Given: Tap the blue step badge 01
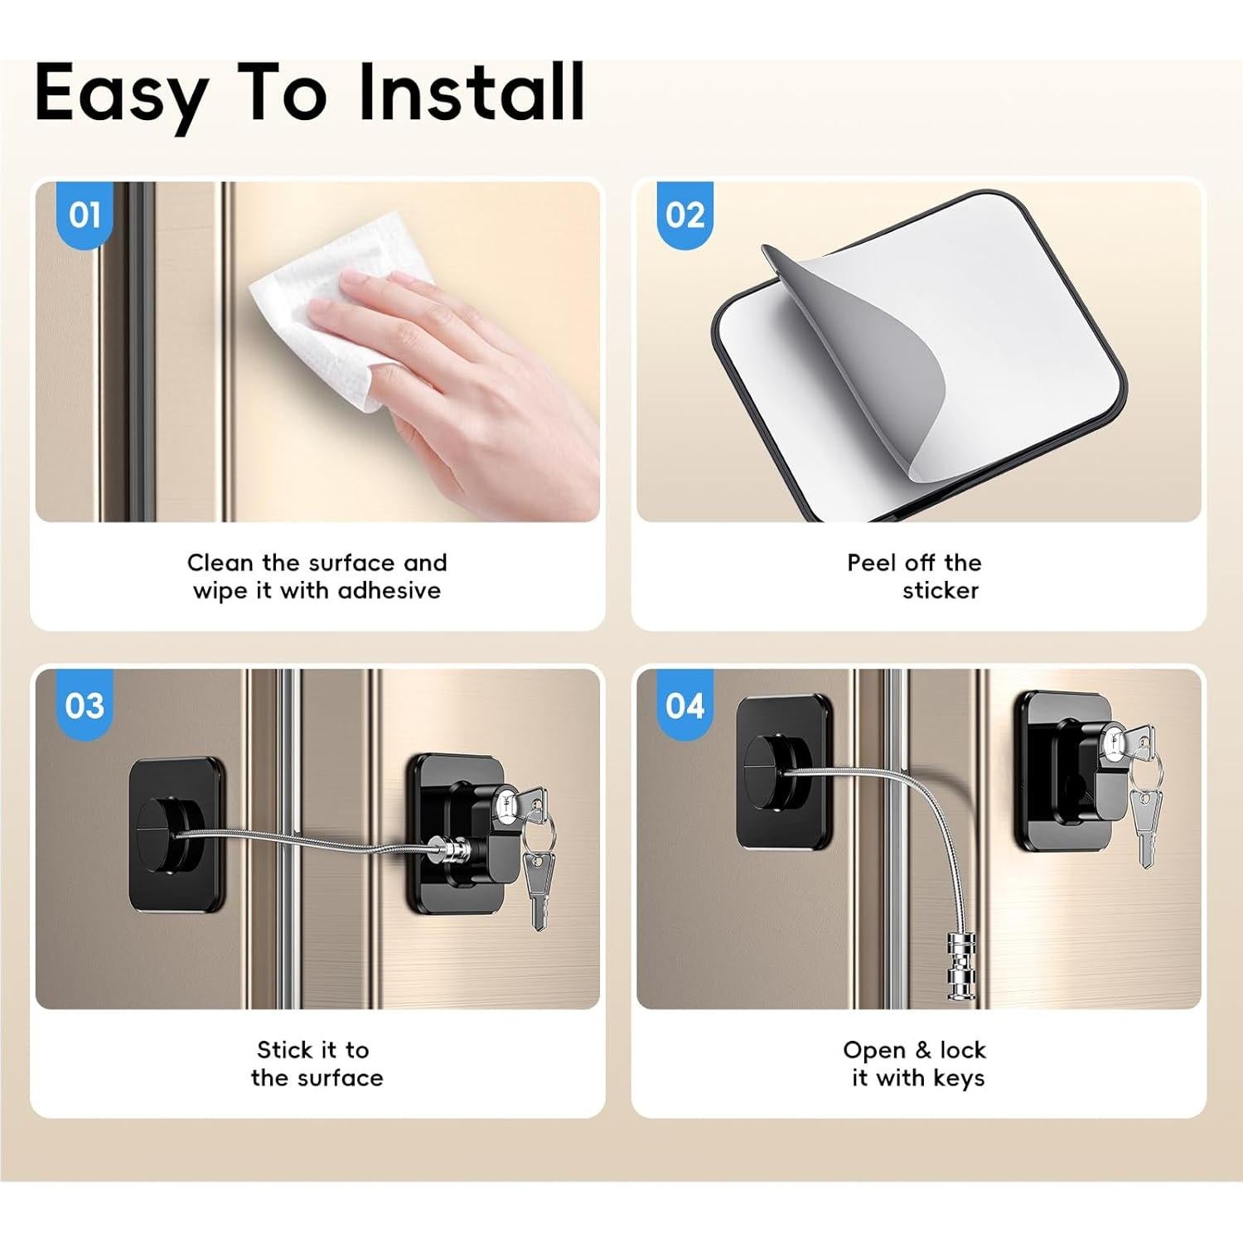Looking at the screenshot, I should (85, 215).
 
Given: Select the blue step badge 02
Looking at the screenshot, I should (684, 215).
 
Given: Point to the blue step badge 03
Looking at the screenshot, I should (85, 705).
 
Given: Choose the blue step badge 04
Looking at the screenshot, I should (684, 705).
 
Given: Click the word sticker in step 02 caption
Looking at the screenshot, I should (941, 591).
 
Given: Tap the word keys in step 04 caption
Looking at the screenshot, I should (959, 1078).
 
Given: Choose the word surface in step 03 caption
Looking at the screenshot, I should (341, 1078).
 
